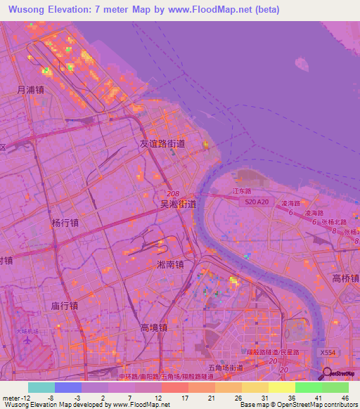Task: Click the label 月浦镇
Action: [31, 90]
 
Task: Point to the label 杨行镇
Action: [65, 223]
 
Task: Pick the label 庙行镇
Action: [64, 306]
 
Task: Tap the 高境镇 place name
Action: [153, 327]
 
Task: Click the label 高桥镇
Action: [345, 277]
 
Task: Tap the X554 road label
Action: [328, 353]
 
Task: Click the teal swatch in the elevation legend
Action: [41, 387]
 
